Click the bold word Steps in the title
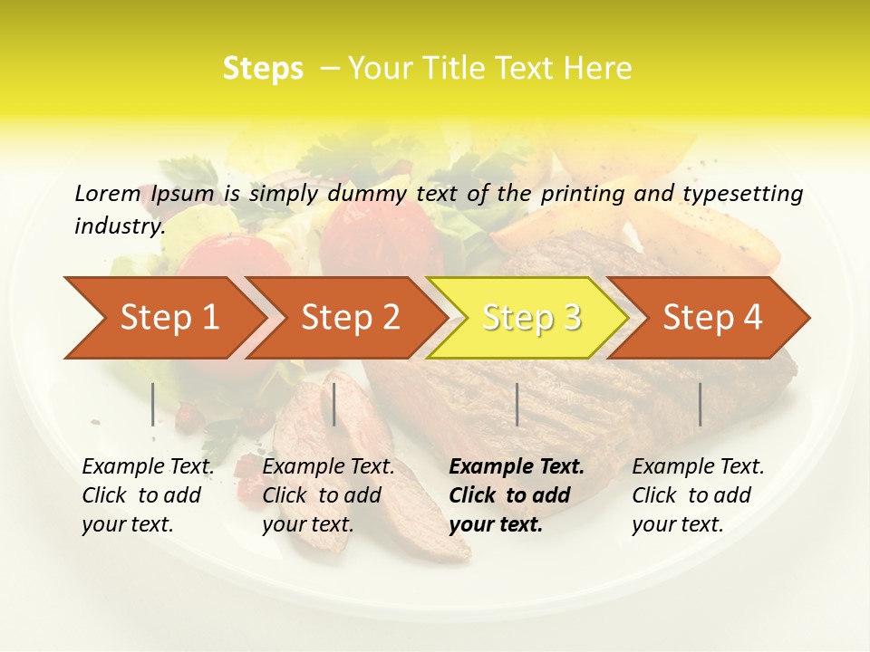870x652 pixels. pyautogui.click(x=263, y=69)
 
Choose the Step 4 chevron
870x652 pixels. pyautogui.click(x=712, y=318)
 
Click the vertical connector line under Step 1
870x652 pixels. pyautogui.click(x=153, y=404)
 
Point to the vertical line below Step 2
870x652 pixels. pyautogui.click(x=334, y=404)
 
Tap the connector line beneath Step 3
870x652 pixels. pyautogui.click(x=517, y=404)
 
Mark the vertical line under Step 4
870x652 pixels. pyautogui.click(x=700, y=404)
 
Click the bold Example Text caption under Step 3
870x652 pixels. pyautogui.click(x=517, y=495)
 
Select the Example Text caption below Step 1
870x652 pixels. pyautogui.click(x=148, y=495)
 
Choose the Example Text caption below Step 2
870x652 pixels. pyautogui.click(x=328, y=495)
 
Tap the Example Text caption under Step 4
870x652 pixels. pyautogui.click(x=698, y=495)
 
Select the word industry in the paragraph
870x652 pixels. pyautogui.click(x=120, y=226)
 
